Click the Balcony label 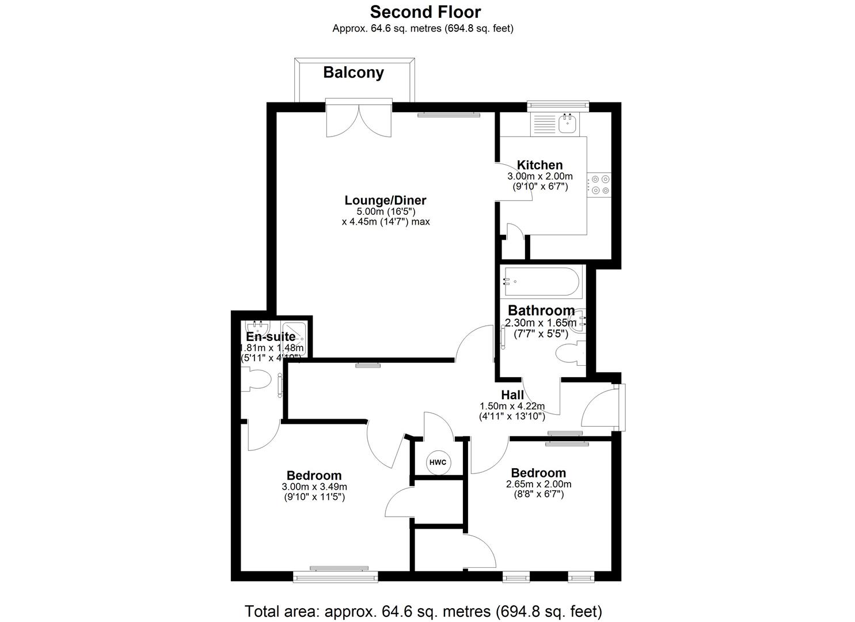353,73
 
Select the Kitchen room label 539,165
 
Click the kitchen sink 568,123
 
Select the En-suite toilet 257,381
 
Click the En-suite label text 271,337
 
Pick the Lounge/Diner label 385,200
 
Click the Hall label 512,395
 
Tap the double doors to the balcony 359,120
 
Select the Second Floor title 425,12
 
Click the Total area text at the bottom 423,610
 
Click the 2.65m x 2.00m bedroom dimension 538,484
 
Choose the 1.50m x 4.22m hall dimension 512,406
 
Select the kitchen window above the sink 558,105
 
